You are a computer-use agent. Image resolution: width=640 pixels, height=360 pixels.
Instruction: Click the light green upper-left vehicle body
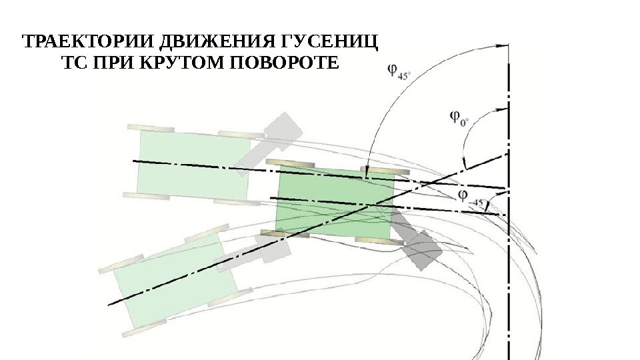point(193,164)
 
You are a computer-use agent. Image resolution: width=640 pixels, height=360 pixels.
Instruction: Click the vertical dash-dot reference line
point(509,267)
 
